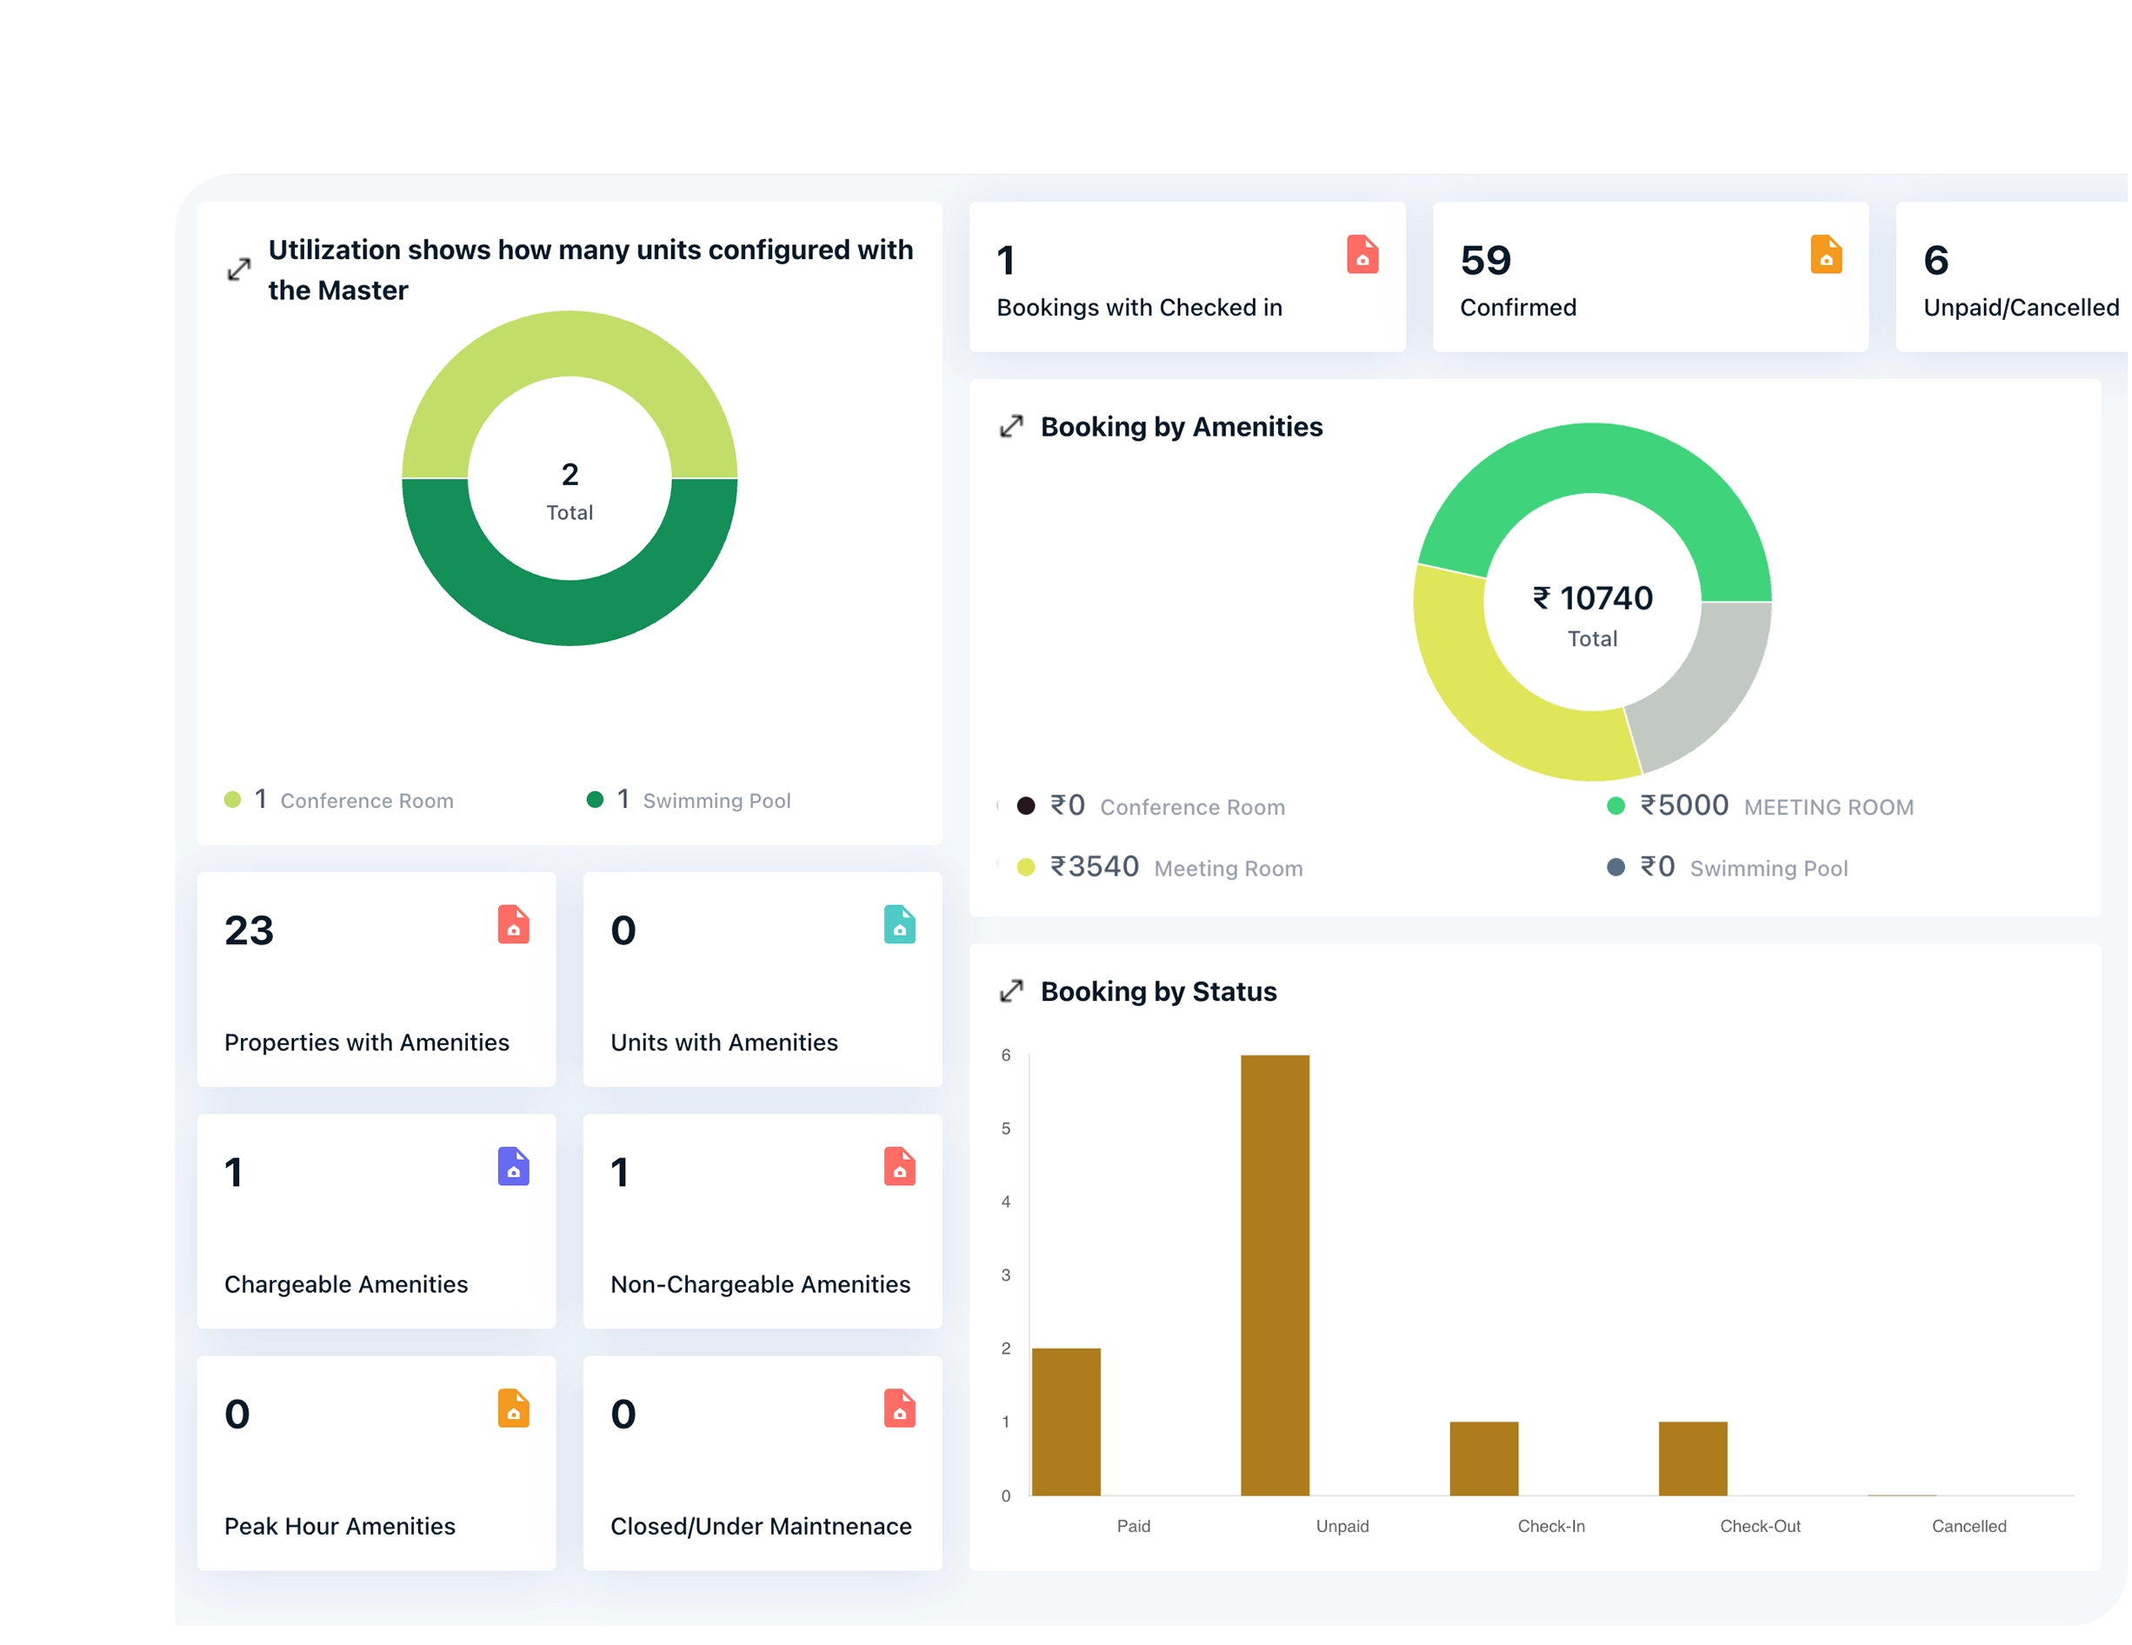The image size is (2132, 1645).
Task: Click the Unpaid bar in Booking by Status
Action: [1275, 1274]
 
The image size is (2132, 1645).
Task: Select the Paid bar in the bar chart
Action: [1066, 1422]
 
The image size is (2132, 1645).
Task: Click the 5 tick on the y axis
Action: [1005, 1129]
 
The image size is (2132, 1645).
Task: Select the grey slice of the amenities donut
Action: [1713, 683]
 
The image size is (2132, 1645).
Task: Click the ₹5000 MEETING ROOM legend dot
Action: [1616, 805]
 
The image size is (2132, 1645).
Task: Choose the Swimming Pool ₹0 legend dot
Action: [1616, 867]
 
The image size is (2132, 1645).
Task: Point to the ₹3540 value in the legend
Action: [1095, 867]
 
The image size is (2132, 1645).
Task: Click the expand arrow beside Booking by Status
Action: [1011, 991]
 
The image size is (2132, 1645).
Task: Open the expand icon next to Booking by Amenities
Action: [1011, 427]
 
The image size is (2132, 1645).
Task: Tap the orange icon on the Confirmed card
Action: [1825, 255]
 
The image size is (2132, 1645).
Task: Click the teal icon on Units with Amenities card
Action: [899, 924]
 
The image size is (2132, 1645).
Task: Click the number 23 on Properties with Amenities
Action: [249, 930]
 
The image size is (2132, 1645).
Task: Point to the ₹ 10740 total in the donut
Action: [1592, 597]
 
